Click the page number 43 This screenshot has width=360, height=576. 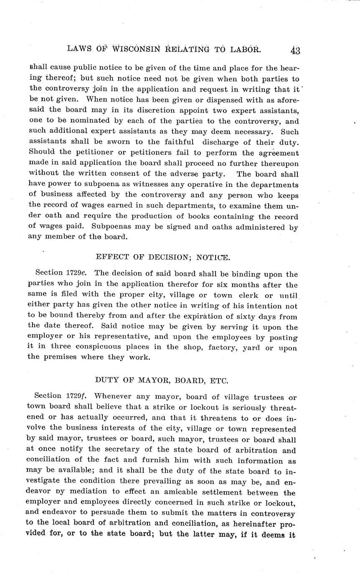(295, 51)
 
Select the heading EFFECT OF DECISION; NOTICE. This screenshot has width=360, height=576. (162, 257)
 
